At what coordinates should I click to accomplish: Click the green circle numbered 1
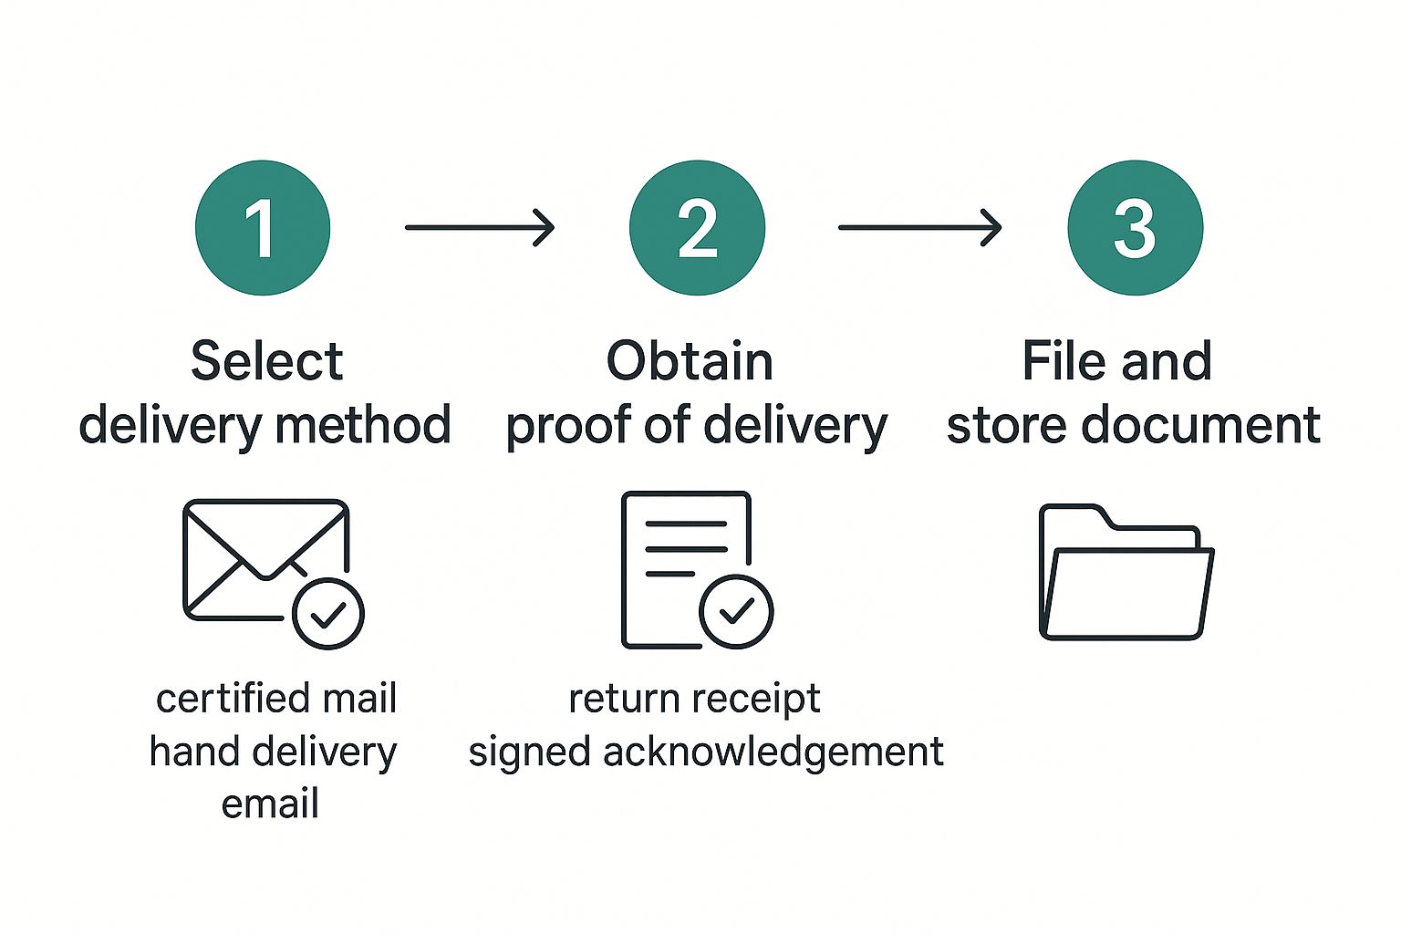263,227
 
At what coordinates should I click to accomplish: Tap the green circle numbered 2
697,227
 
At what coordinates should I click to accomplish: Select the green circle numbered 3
1135,227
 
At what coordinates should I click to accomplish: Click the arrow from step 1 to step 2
480,227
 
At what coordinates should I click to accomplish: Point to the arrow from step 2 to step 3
919,227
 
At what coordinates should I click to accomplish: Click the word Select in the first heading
266,361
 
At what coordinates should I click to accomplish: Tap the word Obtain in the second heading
690,361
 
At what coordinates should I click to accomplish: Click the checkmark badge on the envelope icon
328,614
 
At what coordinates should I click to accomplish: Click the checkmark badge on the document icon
736,611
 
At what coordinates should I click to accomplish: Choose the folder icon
1126,572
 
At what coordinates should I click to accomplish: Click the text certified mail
276,699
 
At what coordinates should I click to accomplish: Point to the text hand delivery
273,752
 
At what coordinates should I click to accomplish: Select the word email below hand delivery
270,804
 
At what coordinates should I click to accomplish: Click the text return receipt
694,700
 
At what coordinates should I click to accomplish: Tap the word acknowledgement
773,752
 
